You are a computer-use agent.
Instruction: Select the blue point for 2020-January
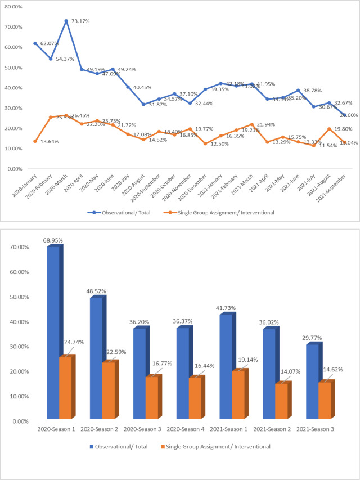pyautogui.click(x=35, y=43)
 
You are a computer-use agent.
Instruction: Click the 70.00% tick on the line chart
pyautogui.click(x=13, y=27)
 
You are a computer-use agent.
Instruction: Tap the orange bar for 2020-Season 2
pyautogui.click(x=109, y=391)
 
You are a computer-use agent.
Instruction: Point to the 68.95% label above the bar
pyautogui.click(x=54, y=241)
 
